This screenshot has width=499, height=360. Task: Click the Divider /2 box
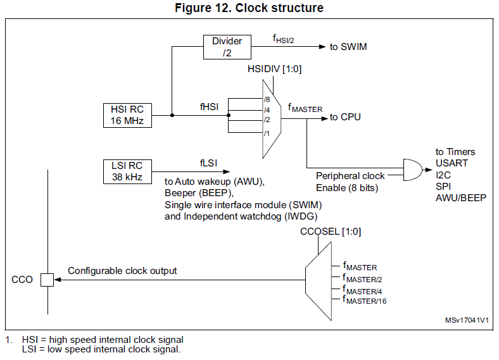[x=227, y=47]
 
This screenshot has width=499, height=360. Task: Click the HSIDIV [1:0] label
[x=274, y=69]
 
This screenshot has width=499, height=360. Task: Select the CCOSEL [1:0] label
[x=331, y=232]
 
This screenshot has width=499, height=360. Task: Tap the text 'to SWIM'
[x=348, y=47]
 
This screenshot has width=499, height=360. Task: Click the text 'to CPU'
[x=345, y=117]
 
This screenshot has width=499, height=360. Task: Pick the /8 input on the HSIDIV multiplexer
[x=267, y=99]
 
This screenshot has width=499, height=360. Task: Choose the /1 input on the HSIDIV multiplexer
[x=267, y=133]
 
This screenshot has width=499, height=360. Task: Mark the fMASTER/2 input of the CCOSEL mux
[x=363, y=278]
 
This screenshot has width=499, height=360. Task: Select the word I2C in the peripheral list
[x=443, y=175]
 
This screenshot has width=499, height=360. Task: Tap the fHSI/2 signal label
[x=283, y=39]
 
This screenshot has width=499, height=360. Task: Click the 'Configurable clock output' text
[x=122, y=271]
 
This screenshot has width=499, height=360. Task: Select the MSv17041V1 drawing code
[x=467, y=320]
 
